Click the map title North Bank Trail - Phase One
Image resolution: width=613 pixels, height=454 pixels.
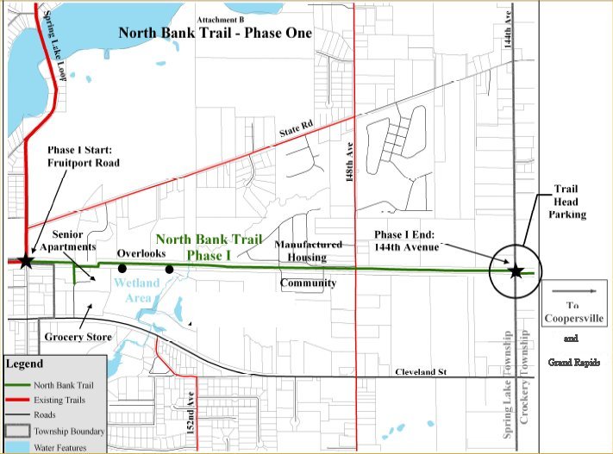[x=215, y=34]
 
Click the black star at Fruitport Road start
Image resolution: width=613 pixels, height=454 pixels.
[x=25, y=260]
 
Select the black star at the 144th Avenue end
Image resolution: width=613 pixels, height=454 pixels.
[x=516, y=271]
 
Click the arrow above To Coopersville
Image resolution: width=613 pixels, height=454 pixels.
[x=575, y=292]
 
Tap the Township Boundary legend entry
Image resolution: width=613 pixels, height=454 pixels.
[x=70, y=431]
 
